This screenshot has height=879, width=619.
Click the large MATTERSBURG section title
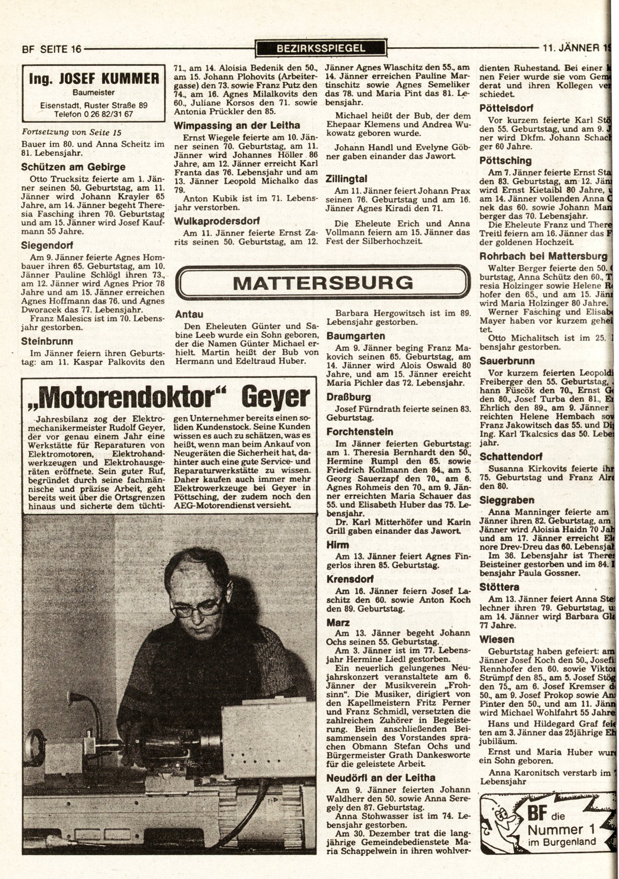tap(322, 283)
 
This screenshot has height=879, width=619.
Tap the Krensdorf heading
tap(350, 579)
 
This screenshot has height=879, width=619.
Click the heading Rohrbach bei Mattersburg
tap(543, 256)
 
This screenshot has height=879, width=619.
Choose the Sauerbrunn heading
tap(507, 361)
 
